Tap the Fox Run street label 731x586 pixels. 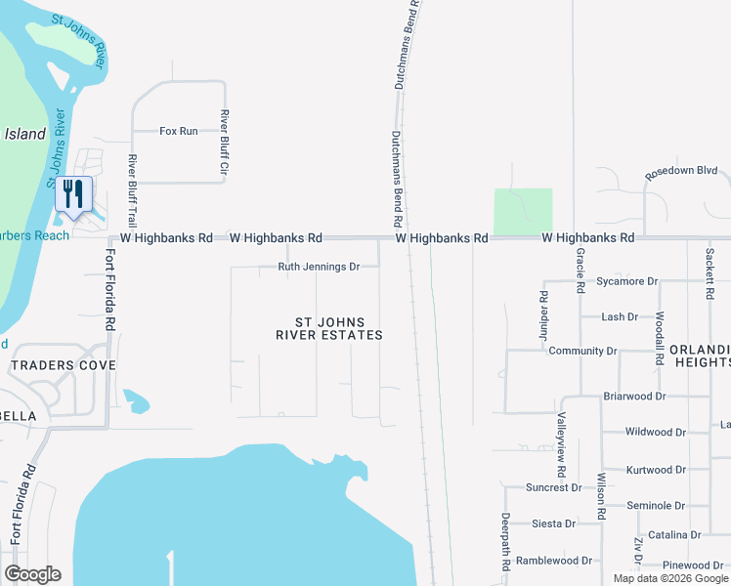179,131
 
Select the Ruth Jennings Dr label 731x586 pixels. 320,267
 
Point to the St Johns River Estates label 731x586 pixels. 329,328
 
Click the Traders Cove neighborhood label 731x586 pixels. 63,365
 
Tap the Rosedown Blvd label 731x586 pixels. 681,171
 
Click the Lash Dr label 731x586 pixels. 620,316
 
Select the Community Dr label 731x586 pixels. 583,351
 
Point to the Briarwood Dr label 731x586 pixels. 634,397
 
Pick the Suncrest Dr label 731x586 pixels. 552,487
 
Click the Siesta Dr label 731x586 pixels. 553,523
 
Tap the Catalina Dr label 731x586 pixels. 674,534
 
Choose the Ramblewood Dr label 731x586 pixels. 554,561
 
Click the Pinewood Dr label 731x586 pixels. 691,565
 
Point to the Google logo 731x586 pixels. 32,574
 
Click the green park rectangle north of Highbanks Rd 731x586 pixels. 523,211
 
